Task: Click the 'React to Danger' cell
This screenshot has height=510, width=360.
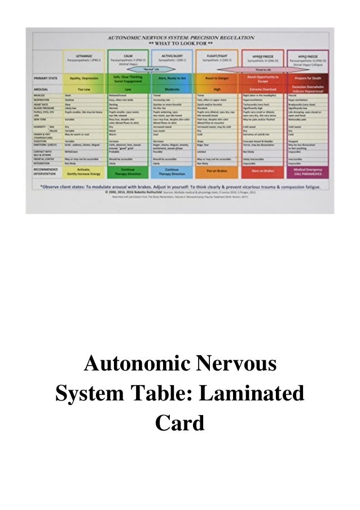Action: (x=217, y=79)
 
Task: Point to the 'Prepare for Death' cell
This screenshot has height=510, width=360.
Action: (x=308, y=79)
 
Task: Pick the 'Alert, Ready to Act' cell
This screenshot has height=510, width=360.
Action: (x=172, y=79)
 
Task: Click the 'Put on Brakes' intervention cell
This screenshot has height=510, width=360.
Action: (x=217, y=170)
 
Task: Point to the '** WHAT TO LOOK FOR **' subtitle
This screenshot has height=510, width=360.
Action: (x=180, y=42)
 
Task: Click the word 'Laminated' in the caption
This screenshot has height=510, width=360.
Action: (x=243, y=391)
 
